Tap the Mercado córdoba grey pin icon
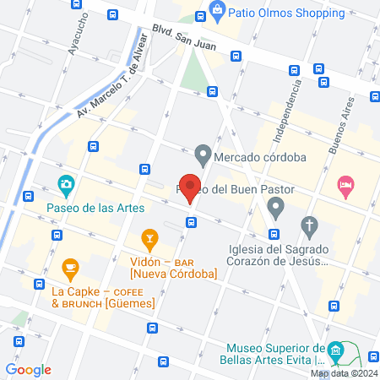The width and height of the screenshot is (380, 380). click(x=202, y=155)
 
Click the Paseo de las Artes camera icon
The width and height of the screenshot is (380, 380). click(x=65, y=184)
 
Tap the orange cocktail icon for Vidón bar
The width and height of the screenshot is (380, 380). click(x=149, y=241)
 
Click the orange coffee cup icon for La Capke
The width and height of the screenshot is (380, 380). click(x=69, y=270)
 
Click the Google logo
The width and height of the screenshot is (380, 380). click(x=28, y=369)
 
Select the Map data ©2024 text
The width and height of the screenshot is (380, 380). click(x=343, y=373)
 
